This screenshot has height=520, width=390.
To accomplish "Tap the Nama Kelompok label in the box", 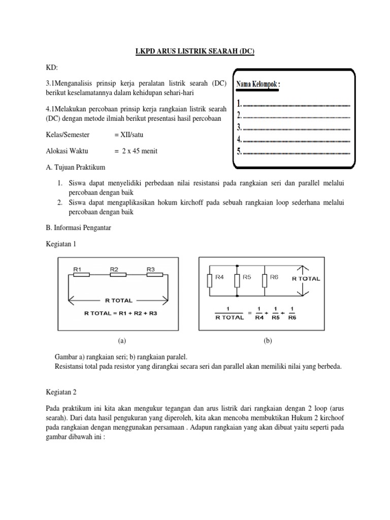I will (x=258, y=84).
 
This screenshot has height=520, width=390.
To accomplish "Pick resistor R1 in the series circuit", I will (x=81, y=275).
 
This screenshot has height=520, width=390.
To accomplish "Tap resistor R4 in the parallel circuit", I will (x=210, y=281).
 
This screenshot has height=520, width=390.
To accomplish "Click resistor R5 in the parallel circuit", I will (x=237, y=281).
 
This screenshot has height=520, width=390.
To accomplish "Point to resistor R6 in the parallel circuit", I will (x=265, y=281).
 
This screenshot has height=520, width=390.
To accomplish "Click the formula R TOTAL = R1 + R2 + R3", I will (x=121, y=313).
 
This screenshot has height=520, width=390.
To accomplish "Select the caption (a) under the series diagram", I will (x=121, y=341).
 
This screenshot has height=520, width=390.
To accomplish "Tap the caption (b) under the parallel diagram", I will (x=268, y=341).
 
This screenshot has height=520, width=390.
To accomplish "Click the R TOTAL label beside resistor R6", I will (x=306, y=279).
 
